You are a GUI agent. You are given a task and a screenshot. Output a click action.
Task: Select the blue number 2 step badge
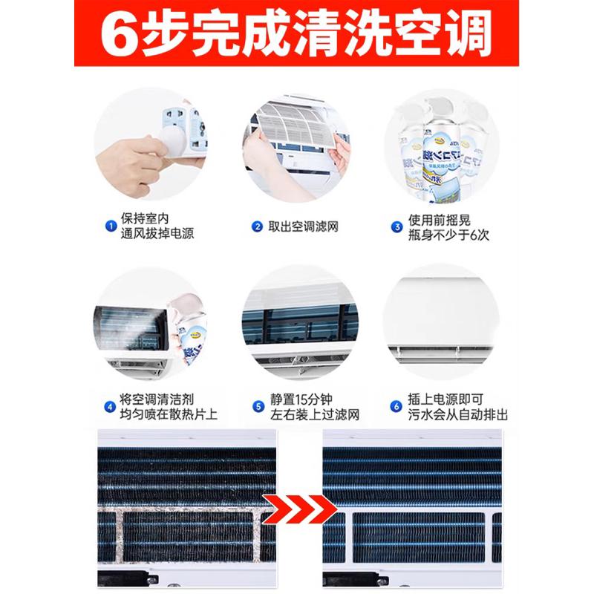(257, 226)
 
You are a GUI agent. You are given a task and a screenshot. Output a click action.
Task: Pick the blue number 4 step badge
(109, 406)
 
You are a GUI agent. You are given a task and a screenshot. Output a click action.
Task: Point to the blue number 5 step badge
(258, 406)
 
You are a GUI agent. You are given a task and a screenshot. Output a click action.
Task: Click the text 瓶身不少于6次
(448, 236)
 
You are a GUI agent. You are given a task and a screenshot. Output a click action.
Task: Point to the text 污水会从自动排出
(459, 414)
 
